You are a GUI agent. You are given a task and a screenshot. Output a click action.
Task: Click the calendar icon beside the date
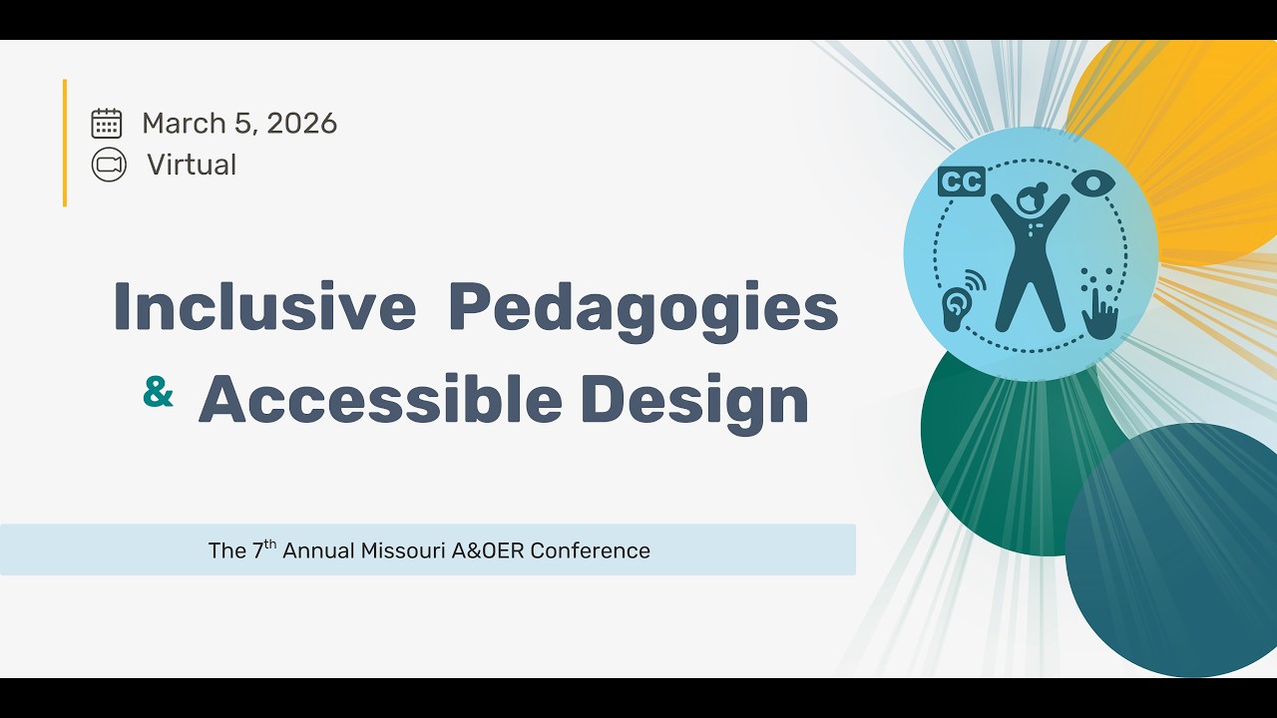[x=107, y=123]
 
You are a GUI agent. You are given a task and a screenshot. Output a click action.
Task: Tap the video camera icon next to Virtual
[x=109, y=165]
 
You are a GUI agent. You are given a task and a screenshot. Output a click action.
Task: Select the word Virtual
[x=192, y=165]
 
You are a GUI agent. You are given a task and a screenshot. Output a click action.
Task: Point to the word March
[x=184, y=123]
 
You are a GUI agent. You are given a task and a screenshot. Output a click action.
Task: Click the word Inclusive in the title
[x=264, y=307]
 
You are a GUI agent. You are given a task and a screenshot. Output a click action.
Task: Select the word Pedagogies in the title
[x=643, y=309]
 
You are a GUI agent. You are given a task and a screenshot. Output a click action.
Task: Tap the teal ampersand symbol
[x=158, y=393]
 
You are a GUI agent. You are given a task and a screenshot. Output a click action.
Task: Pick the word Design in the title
[x=694, y=401]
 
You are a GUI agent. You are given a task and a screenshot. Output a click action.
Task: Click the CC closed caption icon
[x=962, y=181]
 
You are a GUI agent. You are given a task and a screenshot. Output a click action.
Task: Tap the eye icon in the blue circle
[x=1093, y=183]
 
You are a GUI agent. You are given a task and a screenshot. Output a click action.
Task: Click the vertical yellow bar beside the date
[x=65, y=143]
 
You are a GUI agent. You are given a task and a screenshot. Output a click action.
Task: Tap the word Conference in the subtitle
[x=591, y=550]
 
